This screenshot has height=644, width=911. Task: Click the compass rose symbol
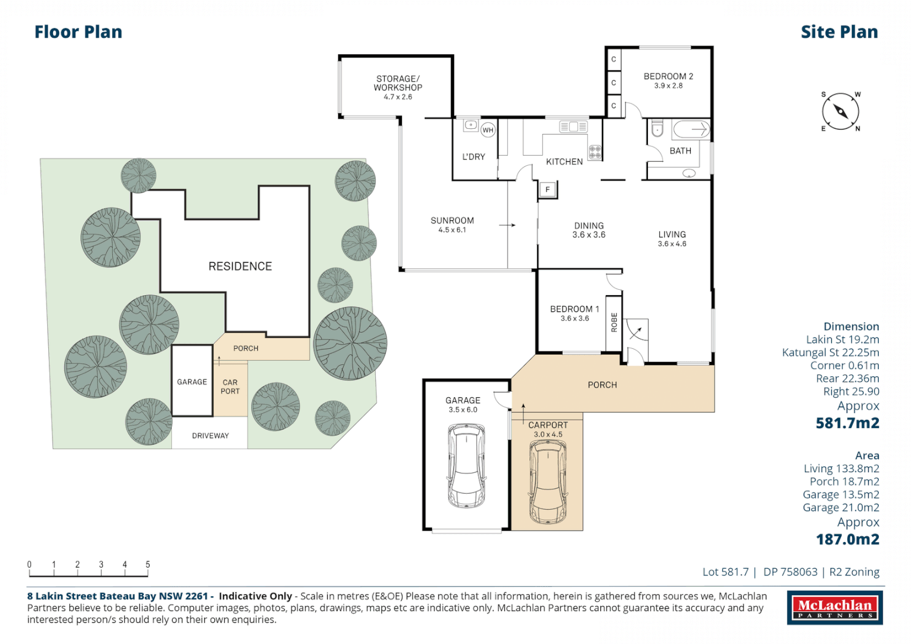pos(841,112)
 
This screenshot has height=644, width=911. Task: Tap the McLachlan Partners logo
pos(835,608)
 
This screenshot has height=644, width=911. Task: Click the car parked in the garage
pos(466,465)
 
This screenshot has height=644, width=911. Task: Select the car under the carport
pos(548,482)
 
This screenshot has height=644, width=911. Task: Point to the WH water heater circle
pos(488,130)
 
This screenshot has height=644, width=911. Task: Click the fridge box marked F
pos(548,190)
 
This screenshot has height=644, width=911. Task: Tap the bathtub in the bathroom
pos(691,129)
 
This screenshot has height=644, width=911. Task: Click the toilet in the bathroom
pos(657,129)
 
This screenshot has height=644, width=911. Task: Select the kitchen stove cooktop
pos(595,152)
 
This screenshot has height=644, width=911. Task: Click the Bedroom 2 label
pos(668,76)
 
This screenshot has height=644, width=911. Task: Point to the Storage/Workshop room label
pos(398,83)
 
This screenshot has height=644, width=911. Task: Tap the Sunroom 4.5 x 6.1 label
pos(452,224)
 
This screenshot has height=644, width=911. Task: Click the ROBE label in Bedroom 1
pos(614,322)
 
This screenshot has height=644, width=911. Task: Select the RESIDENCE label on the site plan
pos(240,267)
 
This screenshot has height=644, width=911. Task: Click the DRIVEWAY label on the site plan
pos(210,436)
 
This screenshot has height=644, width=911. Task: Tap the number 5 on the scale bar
pos(148,564)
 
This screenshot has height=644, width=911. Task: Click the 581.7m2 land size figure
pos(847,423)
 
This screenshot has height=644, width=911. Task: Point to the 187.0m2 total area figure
pos(847,540)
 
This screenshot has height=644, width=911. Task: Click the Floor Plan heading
pos(78,32)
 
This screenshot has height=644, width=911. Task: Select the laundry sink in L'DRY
pos(471,125)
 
